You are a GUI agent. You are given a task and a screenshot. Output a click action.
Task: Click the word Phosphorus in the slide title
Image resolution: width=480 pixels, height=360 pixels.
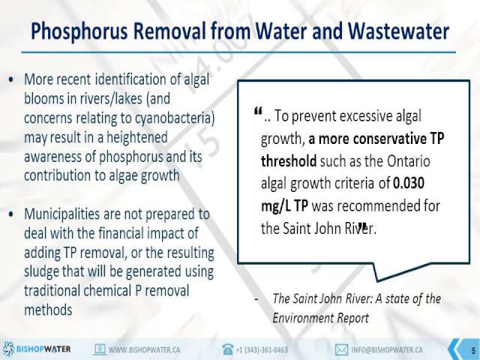pyautogui.click(x=79, y=31)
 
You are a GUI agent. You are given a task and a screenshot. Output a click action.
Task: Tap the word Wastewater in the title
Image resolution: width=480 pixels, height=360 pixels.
pyautogui.click(x=398, y=31)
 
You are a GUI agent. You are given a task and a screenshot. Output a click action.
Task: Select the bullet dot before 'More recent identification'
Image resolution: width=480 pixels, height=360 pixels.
pyautogui.click(x=11, y=80)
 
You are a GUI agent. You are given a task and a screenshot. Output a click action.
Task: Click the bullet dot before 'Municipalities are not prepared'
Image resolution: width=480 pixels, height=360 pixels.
pyautogui.click(x=11, y=214)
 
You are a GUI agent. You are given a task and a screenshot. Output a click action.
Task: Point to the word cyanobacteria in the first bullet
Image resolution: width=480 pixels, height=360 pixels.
pyautogui.click(x=172, y=118)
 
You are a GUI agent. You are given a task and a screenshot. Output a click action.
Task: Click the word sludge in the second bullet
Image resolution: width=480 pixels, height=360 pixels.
pyautogui.click(x=41, y=271)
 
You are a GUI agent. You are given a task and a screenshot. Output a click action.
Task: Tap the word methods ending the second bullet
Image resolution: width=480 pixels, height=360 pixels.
pyautogui.click(x=48, y=310)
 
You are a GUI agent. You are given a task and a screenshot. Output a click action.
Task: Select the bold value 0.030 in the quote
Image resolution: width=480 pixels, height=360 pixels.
pyautogui.click(x=409, y=183)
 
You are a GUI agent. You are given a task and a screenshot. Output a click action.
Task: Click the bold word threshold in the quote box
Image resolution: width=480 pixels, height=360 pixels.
pyautogui.click(x=289, y=160)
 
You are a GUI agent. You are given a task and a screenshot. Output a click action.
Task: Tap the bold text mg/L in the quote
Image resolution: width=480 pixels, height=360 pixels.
pyautogui.click(x=275, y=206)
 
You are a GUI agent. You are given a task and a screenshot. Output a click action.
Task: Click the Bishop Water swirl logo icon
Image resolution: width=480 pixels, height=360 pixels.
pyautogui.click(x=8, y=349)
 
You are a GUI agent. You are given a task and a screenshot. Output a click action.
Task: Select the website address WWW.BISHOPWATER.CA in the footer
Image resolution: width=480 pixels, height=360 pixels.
pyautogui.click(x=145, y=349)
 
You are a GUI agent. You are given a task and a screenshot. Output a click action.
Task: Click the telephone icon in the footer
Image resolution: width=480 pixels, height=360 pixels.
pyautogui.click(x=228, y=349)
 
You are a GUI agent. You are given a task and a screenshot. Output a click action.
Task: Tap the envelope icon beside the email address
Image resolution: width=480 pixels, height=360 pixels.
pyautogui.click(x=341, y=349)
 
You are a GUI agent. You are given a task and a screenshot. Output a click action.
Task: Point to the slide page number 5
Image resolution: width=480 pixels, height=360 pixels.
pyautogui.click(x=473, y=350)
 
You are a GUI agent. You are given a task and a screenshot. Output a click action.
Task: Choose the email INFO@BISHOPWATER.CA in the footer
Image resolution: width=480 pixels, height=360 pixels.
pyautogui.click(x=387, y=349)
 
